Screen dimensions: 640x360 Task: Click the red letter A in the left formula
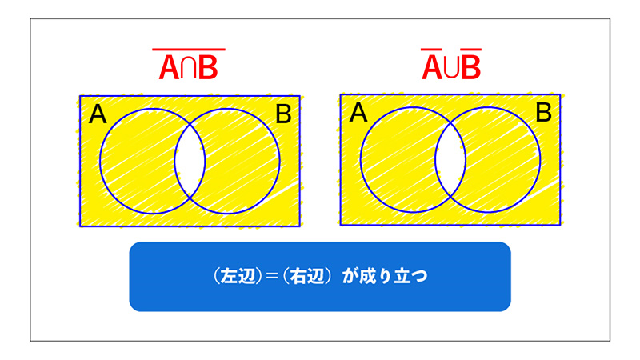[169, 67]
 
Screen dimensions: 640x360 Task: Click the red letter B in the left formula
[208, 67]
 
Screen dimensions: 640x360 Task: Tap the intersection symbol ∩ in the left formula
[189, 68]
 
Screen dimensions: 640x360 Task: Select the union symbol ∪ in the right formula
[452, 68]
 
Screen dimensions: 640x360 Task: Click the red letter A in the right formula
[432, 67]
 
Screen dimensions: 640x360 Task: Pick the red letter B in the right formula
[471, 67]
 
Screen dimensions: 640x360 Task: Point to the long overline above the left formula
[189, 50]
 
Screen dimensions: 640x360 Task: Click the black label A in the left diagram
[98, 114]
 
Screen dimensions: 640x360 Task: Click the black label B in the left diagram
[283, 114]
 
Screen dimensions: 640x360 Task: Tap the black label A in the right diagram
[358, 113]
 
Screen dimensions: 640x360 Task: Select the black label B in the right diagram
[544, 113]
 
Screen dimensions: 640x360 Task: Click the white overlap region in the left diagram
[190, 162]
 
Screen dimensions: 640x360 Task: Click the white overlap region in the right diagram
[450, 159]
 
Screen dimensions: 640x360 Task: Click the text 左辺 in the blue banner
[238, 277]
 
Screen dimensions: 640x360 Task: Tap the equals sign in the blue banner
[272, 277]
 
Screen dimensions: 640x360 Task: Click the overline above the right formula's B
[470, 50]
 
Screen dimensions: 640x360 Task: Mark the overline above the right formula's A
[431, 50]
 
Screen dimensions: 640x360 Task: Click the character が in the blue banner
[350, 277]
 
